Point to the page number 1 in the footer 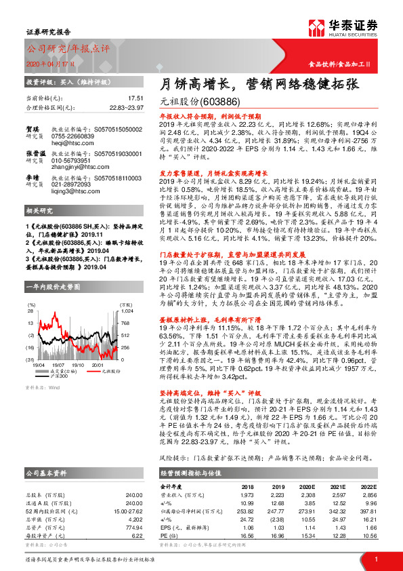(375, 558)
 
